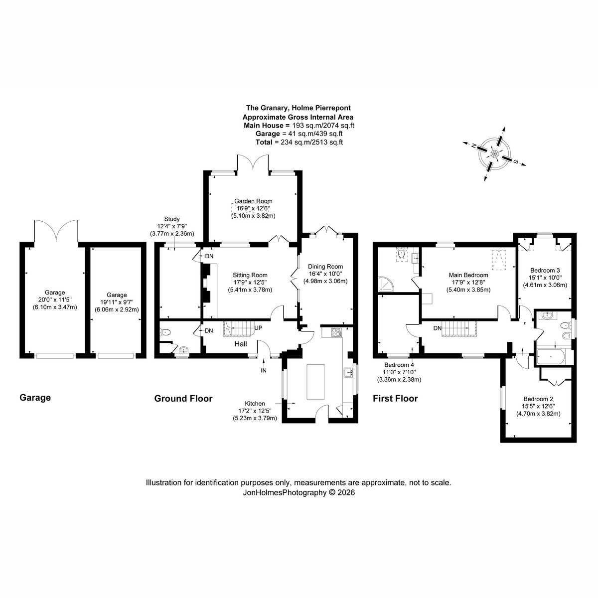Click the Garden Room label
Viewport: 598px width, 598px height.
pos(253,201)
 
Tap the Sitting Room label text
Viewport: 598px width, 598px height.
pos(250,275)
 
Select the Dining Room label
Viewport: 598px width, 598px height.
pos(325,266)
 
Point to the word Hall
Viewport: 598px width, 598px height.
pos(241,344)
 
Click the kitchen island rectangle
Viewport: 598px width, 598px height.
pos(315,382)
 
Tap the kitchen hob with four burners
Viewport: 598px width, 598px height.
pos(337,332)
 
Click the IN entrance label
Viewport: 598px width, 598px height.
pos(264,371)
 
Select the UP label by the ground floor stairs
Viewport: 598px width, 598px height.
pos(258,328)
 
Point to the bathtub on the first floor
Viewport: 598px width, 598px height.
pos(551,357)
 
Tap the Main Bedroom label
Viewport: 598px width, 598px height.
pos(468,275)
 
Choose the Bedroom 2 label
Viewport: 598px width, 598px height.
pos(538,399)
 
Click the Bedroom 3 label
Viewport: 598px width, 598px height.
pos(545,270)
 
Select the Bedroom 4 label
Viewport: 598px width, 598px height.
pos(399,365)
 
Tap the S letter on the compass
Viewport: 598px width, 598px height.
pos(516,161)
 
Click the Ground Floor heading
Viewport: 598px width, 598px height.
pos(183,399)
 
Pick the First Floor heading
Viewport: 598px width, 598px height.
pos(395,399)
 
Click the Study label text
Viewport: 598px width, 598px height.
pos(172,219)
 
